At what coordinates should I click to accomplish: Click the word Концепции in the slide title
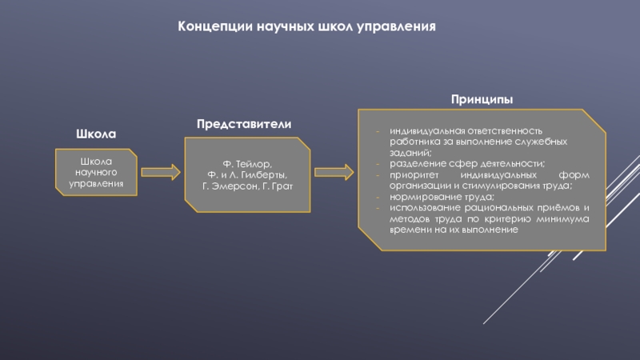point(215,26)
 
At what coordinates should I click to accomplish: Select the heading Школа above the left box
point(97,133)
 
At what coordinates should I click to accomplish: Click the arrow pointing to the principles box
point(333,173)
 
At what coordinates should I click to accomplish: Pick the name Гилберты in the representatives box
point(262,174)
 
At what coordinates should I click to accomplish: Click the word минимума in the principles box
point(564,218)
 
